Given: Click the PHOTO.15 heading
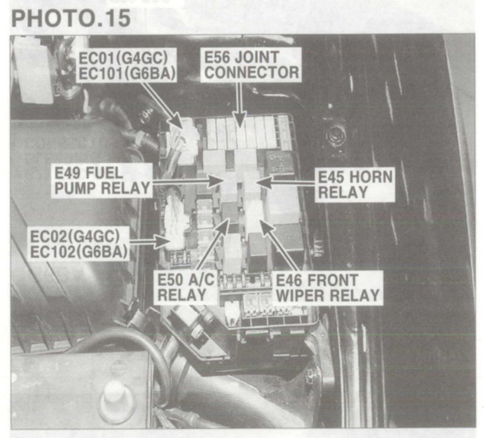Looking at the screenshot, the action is click(71, 18).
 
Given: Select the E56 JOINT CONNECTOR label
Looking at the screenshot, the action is click(251, 65).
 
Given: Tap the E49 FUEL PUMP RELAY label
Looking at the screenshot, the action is click(102, 180).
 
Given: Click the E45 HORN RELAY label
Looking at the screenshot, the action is click(355, 185).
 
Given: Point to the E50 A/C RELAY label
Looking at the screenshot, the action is click(185, 287).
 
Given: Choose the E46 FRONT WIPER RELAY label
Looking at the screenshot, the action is click(327, 288).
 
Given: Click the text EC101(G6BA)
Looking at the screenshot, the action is click(127, 73).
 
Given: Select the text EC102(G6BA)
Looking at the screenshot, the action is click(79, 252).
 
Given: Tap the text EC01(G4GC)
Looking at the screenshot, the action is click(123, 58).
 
